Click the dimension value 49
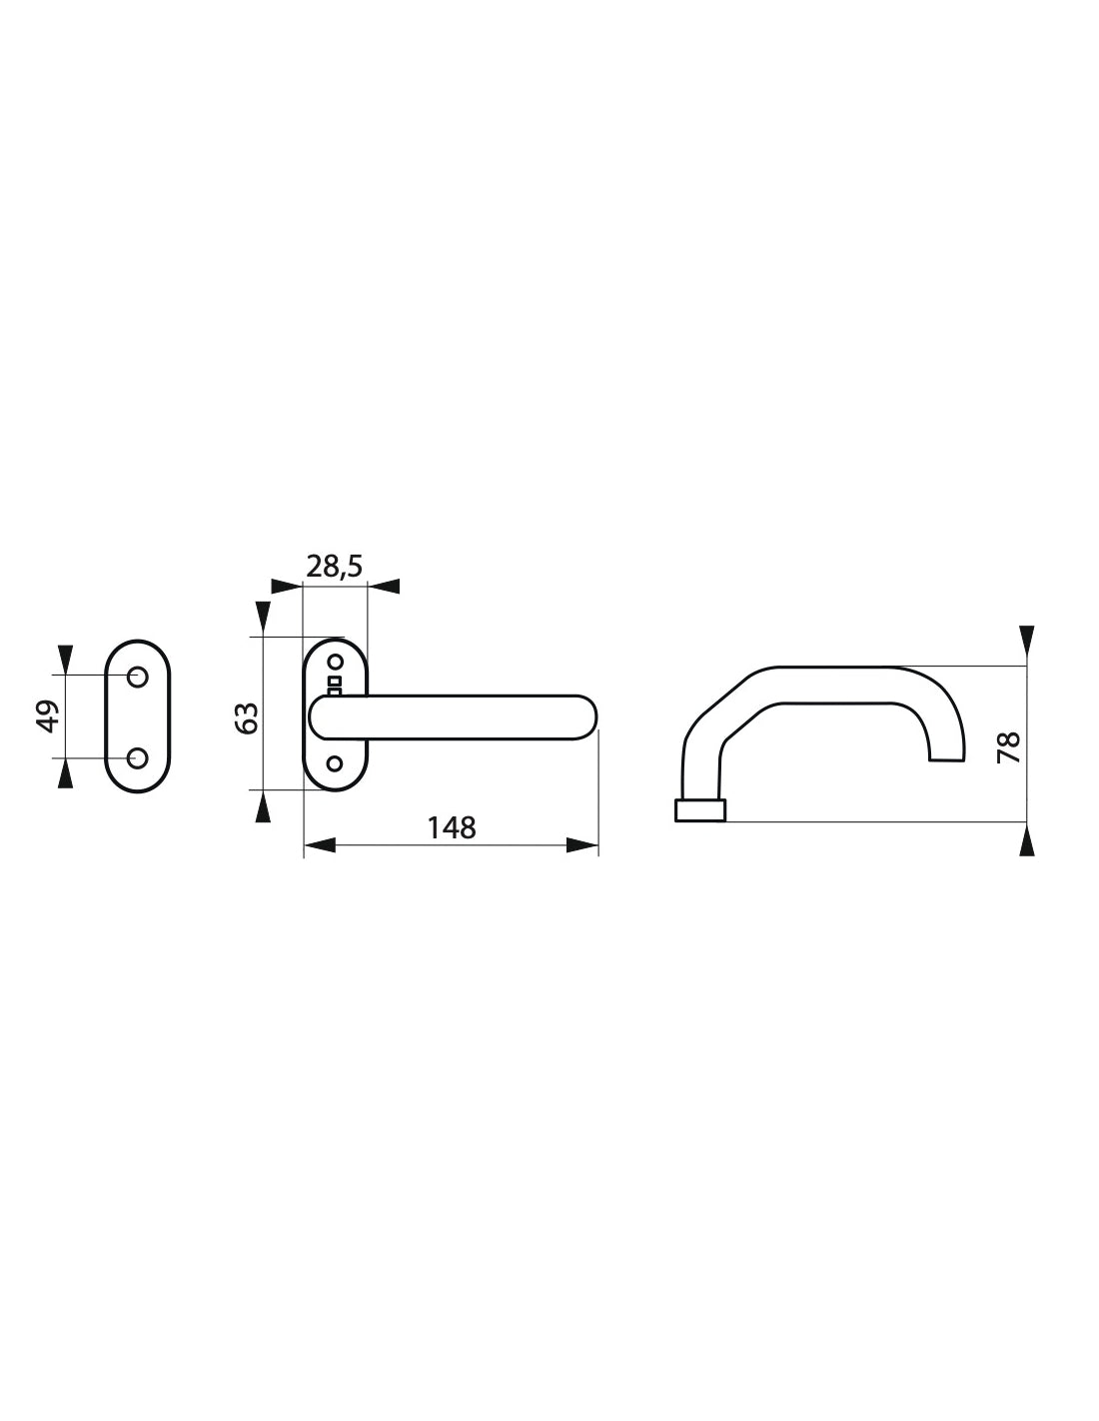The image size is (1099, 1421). [x=47, y=716]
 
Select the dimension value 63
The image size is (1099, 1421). [x=249, y=716]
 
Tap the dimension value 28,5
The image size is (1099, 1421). [x=335, y=567]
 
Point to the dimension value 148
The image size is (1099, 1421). [x=452, y=827]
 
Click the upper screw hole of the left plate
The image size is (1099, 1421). [x=138, y=677]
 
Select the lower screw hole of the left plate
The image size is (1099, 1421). [x=138, y=757]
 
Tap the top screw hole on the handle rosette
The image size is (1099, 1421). [x=335, y=662]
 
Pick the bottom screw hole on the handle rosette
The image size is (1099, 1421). [x=335, y=763]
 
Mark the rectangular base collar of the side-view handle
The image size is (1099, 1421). [x=700, y=810]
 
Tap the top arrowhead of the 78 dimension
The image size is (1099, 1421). [x=1026, y=640]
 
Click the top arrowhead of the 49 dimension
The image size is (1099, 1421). [x=66, y=659]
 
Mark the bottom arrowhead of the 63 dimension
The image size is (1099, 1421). [x=263, y=805]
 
